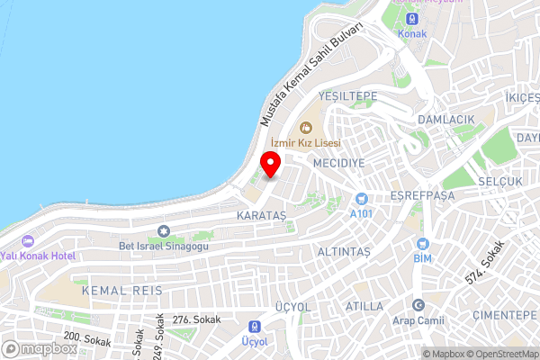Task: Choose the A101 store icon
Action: [361, 199]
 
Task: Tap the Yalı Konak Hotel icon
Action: [26, 240]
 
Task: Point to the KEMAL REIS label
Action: [121, 290]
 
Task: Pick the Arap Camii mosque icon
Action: [417, 304]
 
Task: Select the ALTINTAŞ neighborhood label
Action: [344, 252]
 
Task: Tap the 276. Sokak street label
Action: [196, 319]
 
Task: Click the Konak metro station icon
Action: [411, 19]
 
